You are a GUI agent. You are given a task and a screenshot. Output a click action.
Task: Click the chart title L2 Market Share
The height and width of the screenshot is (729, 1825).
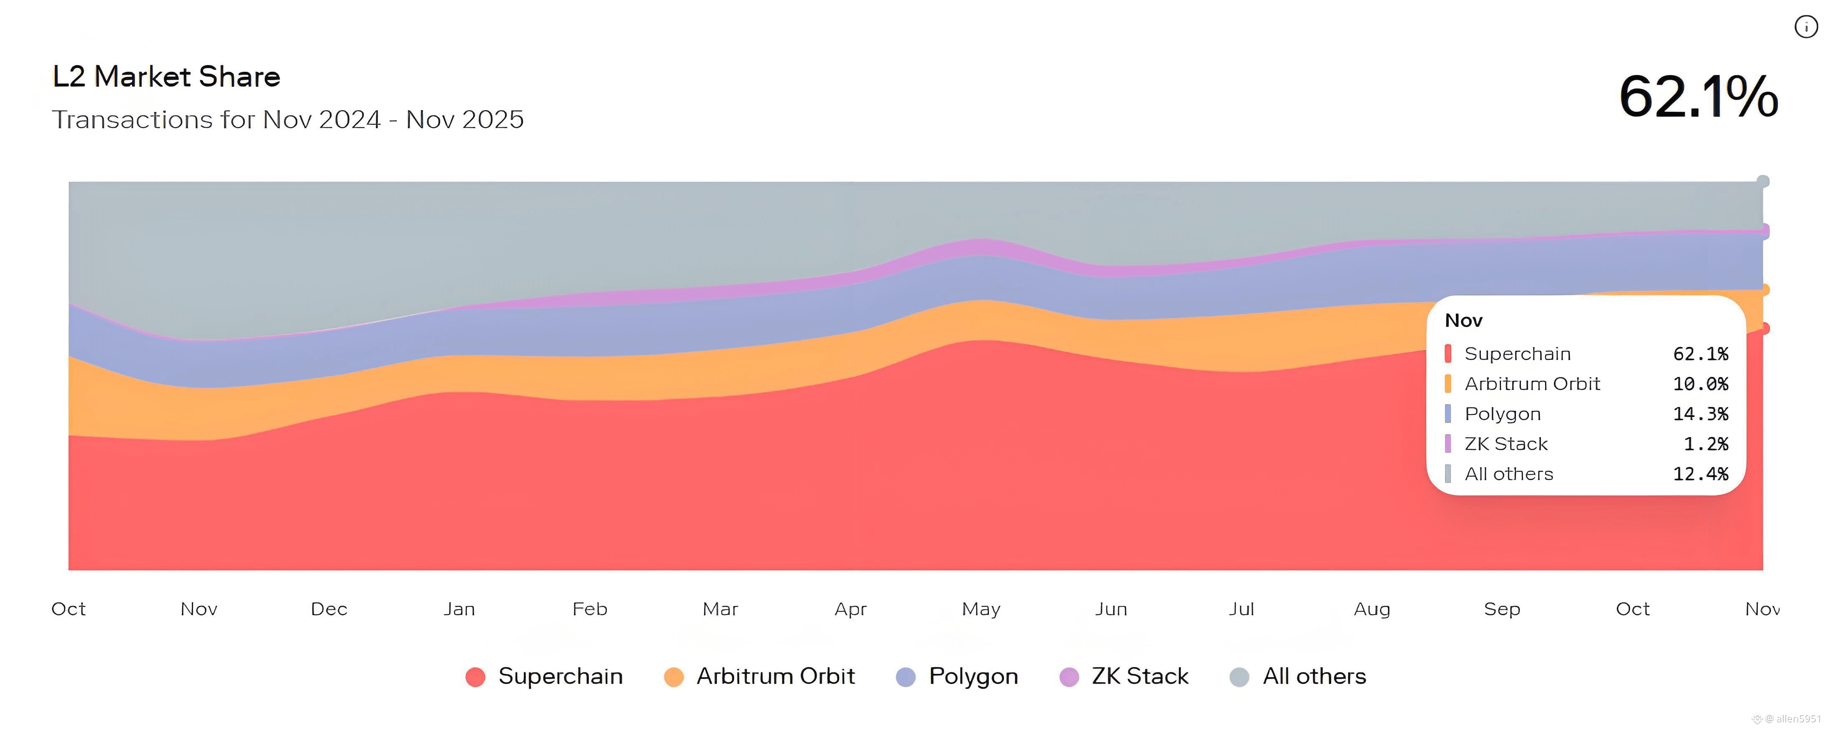[x=166, y=76]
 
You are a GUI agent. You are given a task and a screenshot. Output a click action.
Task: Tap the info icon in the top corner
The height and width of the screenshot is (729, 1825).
[x=1805, y=27]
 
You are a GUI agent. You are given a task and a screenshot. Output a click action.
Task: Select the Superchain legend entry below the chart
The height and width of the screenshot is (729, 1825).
[x=544, y=676]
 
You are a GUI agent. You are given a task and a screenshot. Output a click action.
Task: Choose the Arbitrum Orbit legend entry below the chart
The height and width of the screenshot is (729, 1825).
[x=759, y=676]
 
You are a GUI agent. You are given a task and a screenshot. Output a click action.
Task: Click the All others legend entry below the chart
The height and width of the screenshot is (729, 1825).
[x=1298, y=676]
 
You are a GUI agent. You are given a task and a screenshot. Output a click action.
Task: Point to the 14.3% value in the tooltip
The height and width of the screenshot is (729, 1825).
[x=1700, y=414]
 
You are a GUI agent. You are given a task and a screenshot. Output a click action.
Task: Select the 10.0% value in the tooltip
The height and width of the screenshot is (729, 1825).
[x=1700, y=384]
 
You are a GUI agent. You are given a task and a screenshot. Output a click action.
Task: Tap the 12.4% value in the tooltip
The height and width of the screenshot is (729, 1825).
[x=1700, y=474]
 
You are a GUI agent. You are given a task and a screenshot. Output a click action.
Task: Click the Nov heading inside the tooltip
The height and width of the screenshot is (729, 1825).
[x=1463, y=321]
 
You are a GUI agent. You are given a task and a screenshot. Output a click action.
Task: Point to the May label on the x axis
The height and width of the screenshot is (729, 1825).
[x=980, y=609]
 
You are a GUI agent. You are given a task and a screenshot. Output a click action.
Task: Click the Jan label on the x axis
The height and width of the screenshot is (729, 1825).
[x=459, y=609]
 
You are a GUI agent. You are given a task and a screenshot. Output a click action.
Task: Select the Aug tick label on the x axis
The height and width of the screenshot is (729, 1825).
[x=1372, y=609]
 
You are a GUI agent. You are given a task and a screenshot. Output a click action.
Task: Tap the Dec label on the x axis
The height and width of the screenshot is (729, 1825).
[x=329, y=609]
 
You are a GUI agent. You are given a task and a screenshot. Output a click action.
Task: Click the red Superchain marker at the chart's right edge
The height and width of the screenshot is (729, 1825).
[x=1764, y=329]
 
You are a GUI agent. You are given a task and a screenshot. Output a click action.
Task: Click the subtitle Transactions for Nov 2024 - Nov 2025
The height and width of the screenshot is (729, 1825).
[x=288, y=120]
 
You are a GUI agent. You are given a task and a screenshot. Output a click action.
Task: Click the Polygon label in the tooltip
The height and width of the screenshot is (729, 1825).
[x=1502, y=414]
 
